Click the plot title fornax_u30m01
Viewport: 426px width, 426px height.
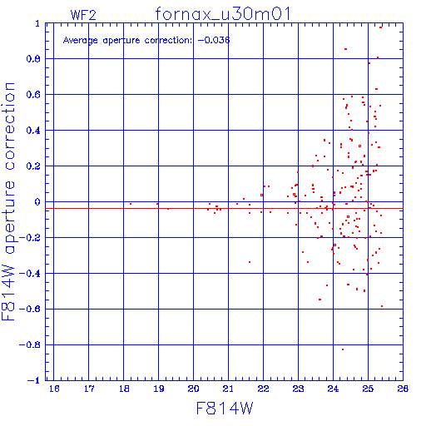pyautogui.click(x=223, y=14)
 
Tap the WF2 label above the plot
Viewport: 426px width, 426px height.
pyautogui.click(x=83, y=15)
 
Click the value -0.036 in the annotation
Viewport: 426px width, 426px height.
pyautogui.click(x=214, y=40)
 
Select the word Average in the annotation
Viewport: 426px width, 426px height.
pyautogui.click(x=81, y=41)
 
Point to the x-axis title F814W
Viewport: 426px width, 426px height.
pyautogui.click(x=225, y=408)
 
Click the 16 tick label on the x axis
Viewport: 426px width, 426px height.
pyautogui.click(x=54, y=389)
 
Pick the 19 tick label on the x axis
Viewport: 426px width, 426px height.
pyautogui.click(x=159, y=389)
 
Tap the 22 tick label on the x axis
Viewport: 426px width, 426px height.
pyautogui.click(x=263, y=389)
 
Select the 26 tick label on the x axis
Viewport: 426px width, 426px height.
pyautogui.click(x=403, y=389)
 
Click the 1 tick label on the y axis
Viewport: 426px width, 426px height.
pyautogui.click(x=37, y=23)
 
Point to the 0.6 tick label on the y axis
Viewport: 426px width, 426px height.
pyautogui.click(x=33, y=95)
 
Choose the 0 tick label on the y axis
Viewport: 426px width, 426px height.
pyautogui.click(x=37, y=202)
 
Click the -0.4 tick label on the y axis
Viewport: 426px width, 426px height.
pyautogui.click(x=30, y=274)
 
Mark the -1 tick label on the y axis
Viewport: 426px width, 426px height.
pyautogui.click(x=34, y=380)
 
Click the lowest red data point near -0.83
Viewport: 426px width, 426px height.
pyautogui.click(x=343, y=349)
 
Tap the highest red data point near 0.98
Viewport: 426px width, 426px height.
pyautogui.click(x=380, y=27)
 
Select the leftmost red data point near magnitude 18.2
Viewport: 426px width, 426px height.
pyautogui.click(x=131, y=204)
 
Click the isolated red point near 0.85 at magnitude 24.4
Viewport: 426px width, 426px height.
pyautogui.click(x=345, y=49)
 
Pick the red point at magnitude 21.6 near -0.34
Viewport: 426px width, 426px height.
pyautogui.click(x=250, y=262)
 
